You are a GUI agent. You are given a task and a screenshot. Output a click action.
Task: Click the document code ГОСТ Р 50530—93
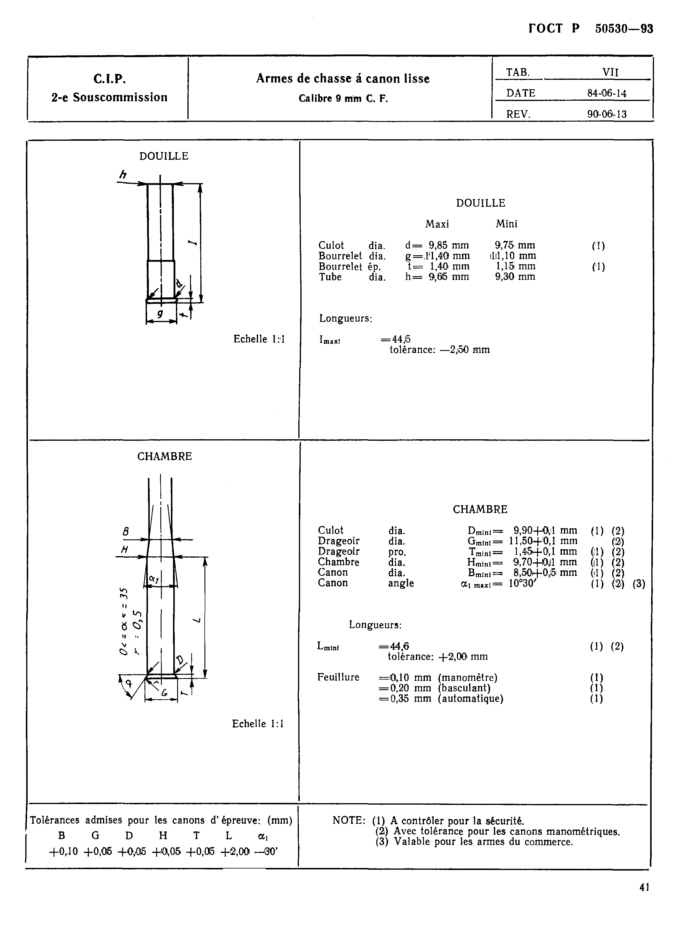click(x=591, y=29)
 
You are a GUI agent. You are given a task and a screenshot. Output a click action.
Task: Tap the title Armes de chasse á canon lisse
click(x=343, y=79)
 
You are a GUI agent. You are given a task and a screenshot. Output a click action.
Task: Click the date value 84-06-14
click(x=607, y=93)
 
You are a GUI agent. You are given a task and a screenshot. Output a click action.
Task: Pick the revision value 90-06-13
click(x=607, y=114)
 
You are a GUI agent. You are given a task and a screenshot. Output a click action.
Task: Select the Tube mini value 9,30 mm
click(x=515, y=277)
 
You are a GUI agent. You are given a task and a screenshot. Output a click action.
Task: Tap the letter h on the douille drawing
click(x=122, y=175)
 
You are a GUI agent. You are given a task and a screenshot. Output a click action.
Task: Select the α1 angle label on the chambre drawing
click(x=154, y=579)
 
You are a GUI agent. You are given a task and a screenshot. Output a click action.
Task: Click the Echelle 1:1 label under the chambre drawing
click(x=258, y=724)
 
